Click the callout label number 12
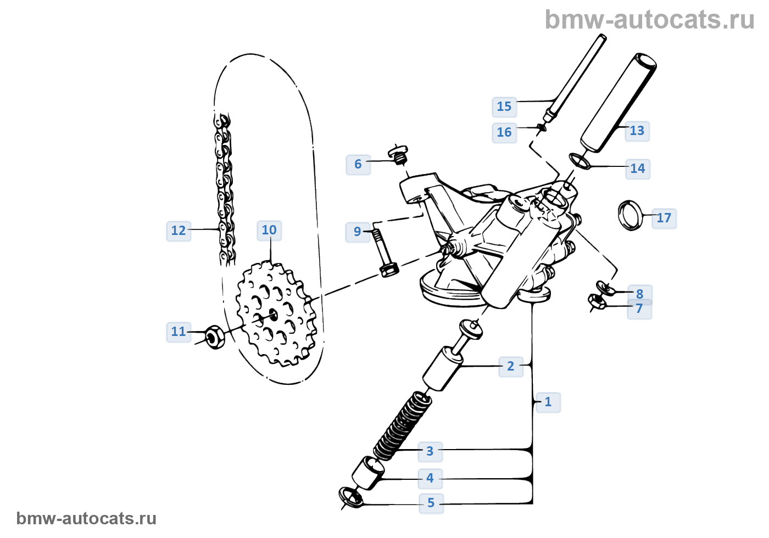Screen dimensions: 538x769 coord(179,231)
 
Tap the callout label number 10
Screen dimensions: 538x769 coord(269,231)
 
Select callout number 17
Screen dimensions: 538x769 coord(664,218)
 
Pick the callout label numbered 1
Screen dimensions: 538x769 coord(548,402)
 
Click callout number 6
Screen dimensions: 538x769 coord(358,164)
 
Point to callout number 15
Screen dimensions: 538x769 coord(504,107)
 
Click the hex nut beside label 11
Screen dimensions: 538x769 coord(214,337)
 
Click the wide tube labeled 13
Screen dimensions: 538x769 coord(618,104)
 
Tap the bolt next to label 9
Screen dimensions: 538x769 coord(383,253)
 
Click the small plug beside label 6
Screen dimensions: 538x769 coord(399,154)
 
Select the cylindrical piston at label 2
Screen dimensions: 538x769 coord(443,369)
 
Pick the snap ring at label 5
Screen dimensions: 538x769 coord(352,496)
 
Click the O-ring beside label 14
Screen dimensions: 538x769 coord(578,161)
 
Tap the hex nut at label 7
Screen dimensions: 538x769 coord(597,301)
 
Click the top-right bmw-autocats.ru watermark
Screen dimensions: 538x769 coord(649,20)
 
